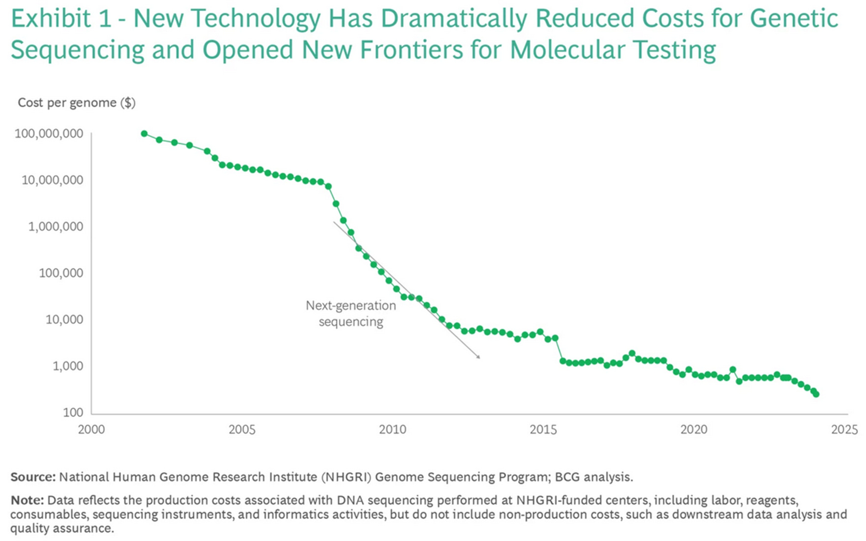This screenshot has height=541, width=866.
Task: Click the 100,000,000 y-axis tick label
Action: point(49,134)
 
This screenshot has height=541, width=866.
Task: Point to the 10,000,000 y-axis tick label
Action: point(52,180)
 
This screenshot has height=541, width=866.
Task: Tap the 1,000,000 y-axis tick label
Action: point(56,227)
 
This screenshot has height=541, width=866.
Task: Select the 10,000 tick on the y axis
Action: point(64,319)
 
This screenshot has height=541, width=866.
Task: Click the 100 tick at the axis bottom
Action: point(73,412)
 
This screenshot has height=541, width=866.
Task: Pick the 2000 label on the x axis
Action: point(91,429)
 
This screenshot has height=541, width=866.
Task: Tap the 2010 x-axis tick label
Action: point(392,429)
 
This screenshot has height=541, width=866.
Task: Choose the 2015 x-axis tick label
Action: point(543,429)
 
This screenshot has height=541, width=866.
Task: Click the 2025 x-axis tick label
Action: point(844,429)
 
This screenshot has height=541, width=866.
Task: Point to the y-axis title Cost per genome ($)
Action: point(76,103)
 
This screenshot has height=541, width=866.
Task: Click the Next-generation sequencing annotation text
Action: point(350,313)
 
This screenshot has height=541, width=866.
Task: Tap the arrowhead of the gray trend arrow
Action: point(479,357)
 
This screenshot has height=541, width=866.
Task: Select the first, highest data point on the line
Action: point(144,134)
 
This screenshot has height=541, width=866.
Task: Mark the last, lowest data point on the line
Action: point(816,394)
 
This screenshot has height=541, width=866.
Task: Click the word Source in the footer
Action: point(33,477)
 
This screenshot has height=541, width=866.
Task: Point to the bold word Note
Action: point(27,500)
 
